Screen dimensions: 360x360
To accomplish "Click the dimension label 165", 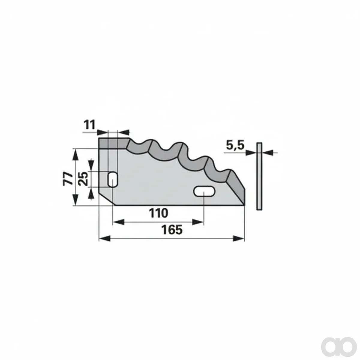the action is coord(172,229).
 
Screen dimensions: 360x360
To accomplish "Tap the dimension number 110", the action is coord(158,213).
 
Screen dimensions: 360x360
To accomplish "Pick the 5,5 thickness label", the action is coord(235,145).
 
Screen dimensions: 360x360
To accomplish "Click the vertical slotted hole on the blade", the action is coord(113,179).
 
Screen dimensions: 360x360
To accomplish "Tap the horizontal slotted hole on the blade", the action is coord(204,191).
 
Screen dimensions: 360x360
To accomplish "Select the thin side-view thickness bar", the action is coord(259,176).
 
